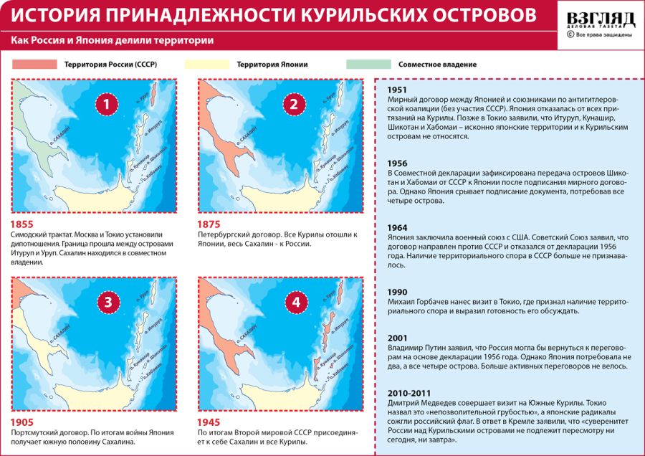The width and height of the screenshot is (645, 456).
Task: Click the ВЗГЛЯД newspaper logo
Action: click(x=600, y=19)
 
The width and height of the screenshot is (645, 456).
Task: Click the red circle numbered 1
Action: click(x=107, y=105)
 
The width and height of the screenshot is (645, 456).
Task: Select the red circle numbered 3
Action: click(x=107, y=302)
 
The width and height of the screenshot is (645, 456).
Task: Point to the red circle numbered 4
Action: click(x=294, y=302)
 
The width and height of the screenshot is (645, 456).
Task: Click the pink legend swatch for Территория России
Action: click(x=34, y=65)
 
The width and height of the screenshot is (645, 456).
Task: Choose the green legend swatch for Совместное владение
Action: click(x=368, y=65)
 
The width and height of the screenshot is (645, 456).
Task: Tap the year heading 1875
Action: click(x=209, y=224)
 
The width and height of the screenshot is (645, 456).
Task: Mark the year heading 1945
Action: click(x=209, y=422)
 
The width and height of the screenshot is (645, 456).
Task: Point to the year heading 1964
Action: click(x=398, y=227)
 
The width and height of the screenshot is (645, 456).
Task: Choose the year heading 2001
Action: click(x=398, y=338)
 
